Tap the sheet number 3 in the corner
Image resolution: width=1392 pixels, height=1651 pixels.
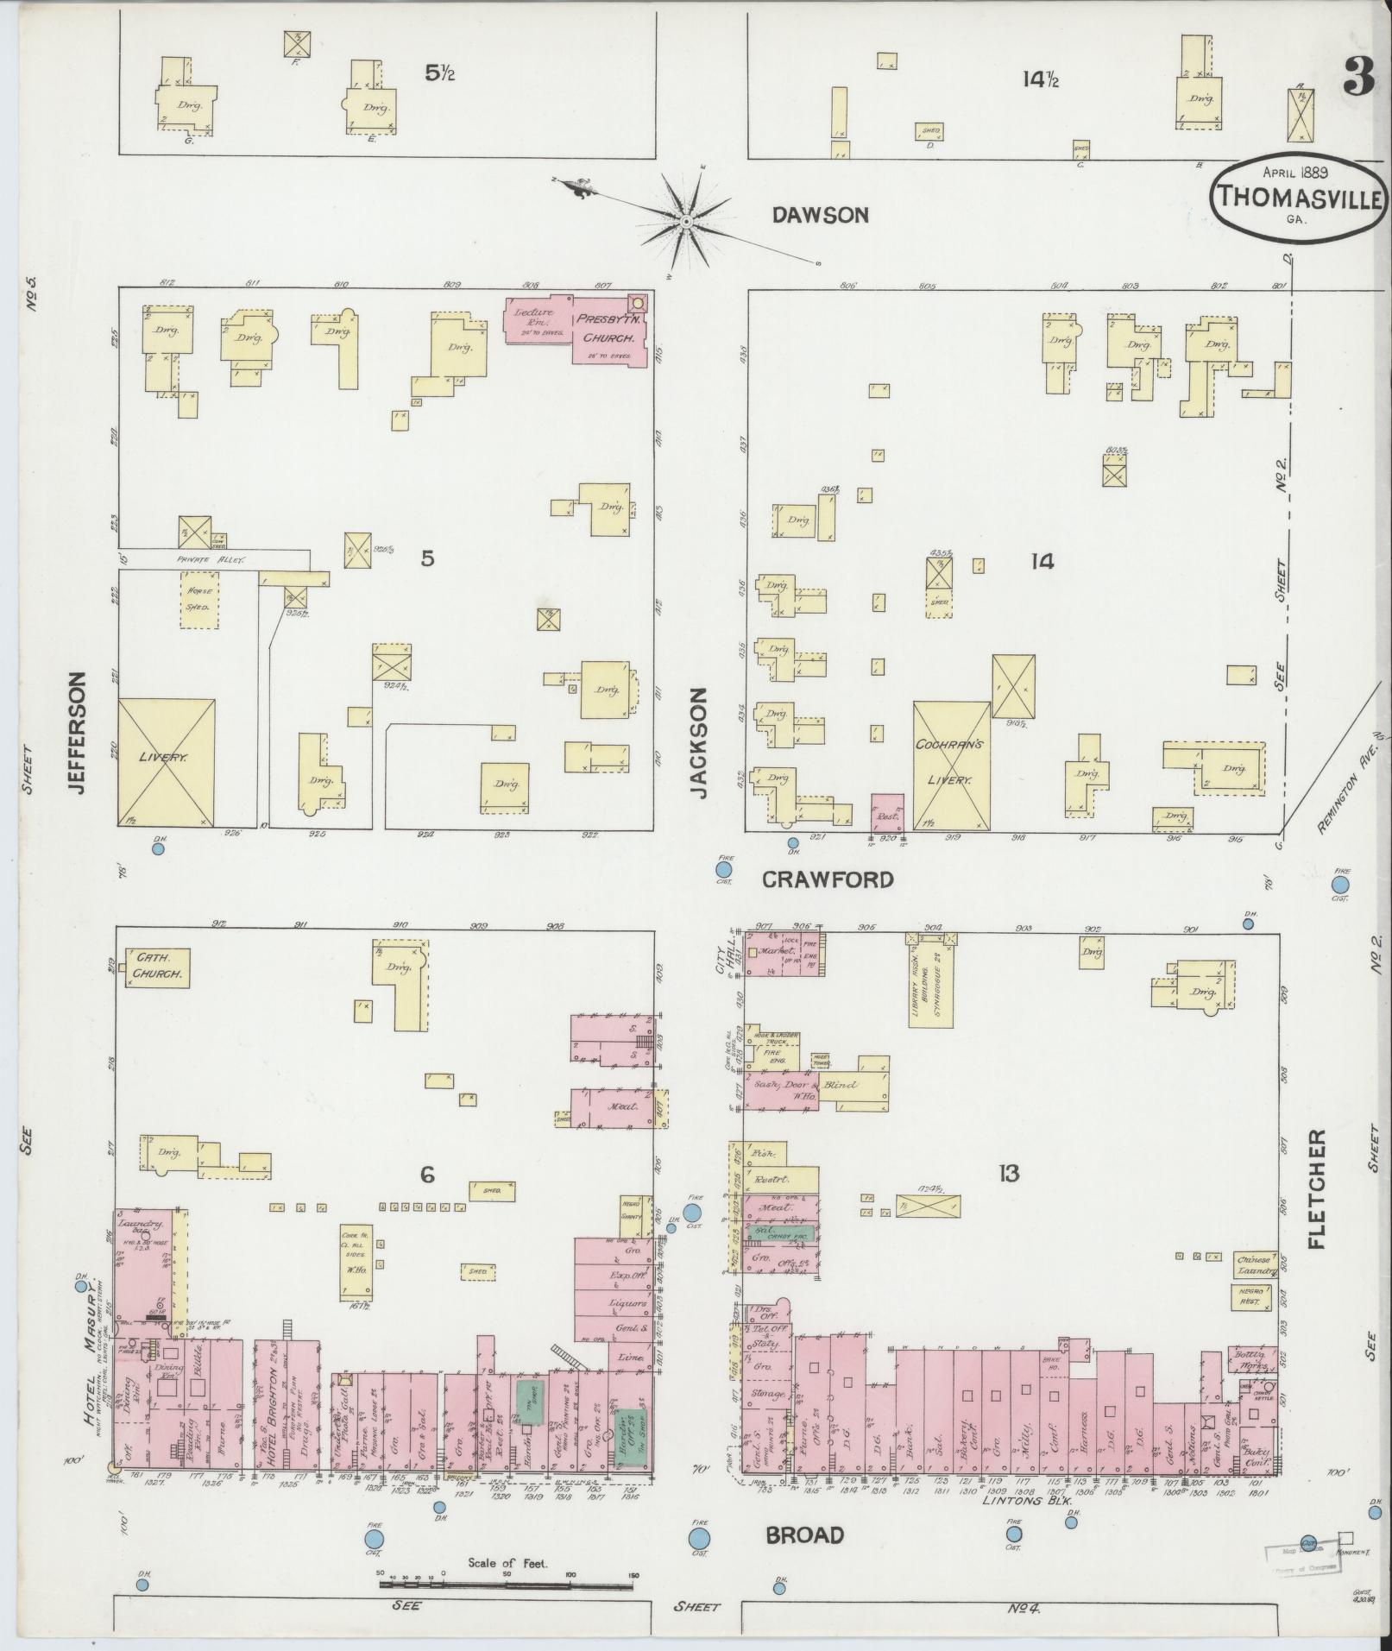coord(1358,80)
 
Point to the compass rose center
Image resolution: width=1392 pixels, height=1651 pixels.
coord(686,222)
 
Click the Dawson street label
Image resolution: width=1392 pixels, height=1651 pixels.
coord(820,215)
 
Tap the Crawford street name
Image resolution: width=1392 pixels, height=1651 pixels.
coord(827,879)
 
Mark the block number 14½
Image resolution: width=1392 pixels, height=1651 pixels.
coord(1040,79)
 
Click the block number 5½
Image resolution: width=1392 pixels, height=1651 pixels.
coord(438,73)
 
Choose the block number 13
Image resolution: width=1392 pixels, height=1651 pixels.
coord(1008,1173)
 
